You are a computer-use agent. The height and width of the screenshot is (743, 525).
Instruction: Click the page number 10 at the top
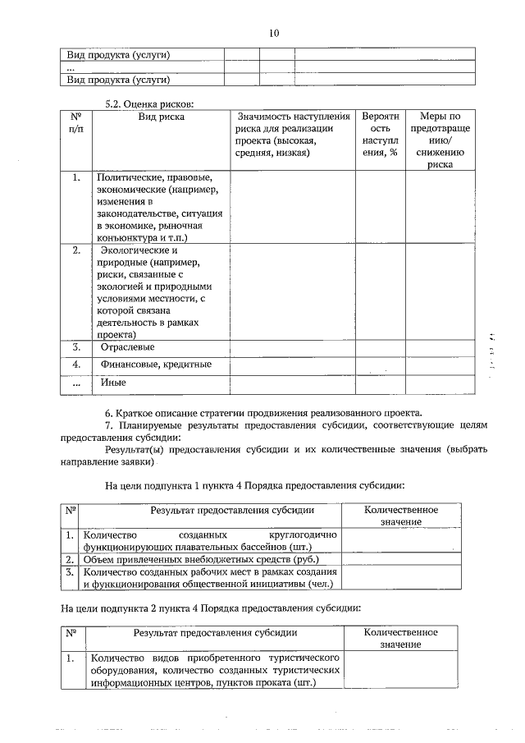pos(274,33)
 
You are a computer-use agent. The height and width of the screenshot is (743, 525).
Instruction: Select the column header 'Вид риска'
pos(161,117)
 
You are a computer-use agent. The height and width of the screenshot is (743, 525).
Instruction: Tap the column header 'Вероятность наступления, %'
pos(380,134)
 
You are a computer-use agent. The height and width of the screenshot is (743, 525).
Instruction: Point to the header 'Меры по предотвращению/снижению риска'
pos(440,140)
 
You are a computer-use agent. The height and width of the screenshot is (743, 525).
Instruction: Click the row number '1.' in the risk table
pos(75,177)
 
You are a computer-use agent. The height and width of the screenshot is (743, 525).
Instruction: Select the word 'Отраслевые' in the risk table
pos(127,346)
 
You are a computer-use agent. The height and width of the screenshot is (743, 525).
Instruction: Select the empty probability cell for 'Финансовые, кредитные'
pos(380,364)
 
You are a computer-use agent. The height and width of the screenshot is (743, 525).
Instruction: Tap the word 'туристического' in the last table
pos(305,658)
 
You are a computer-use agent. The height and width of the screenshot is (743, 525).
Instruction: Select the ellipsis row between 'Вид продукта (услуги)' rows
pos(71,67)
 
